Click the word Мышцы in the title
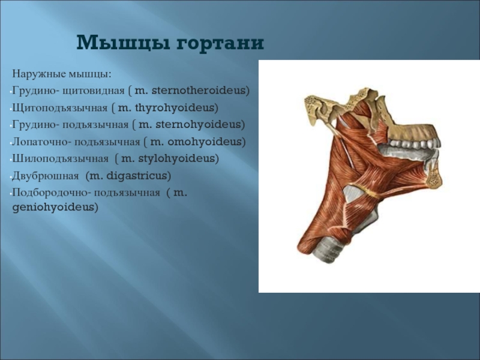click(123, 42)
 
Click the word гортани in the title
click(220, 43)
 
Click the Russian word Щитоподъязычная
click(60, 109)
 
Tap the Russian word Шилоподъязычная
click(61, 159)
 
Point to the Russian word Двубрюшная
click(46, 176)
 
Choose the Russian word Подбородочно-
click(52, 193)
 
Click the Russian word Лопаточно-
click(41, 142)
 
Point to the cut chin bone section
click(434, 178)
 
